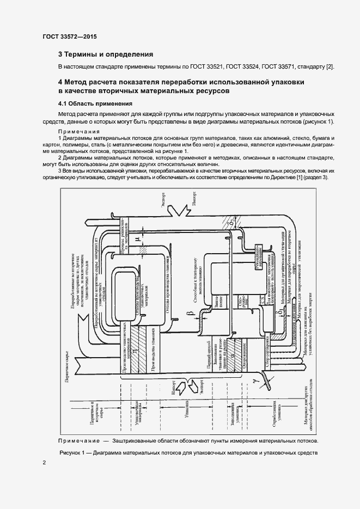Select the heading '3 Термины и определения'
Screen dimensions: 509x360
106,54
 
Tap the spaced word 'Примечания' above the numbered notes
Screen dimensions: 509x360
79,132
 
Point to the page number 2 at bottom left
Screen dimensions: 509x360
44,463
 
